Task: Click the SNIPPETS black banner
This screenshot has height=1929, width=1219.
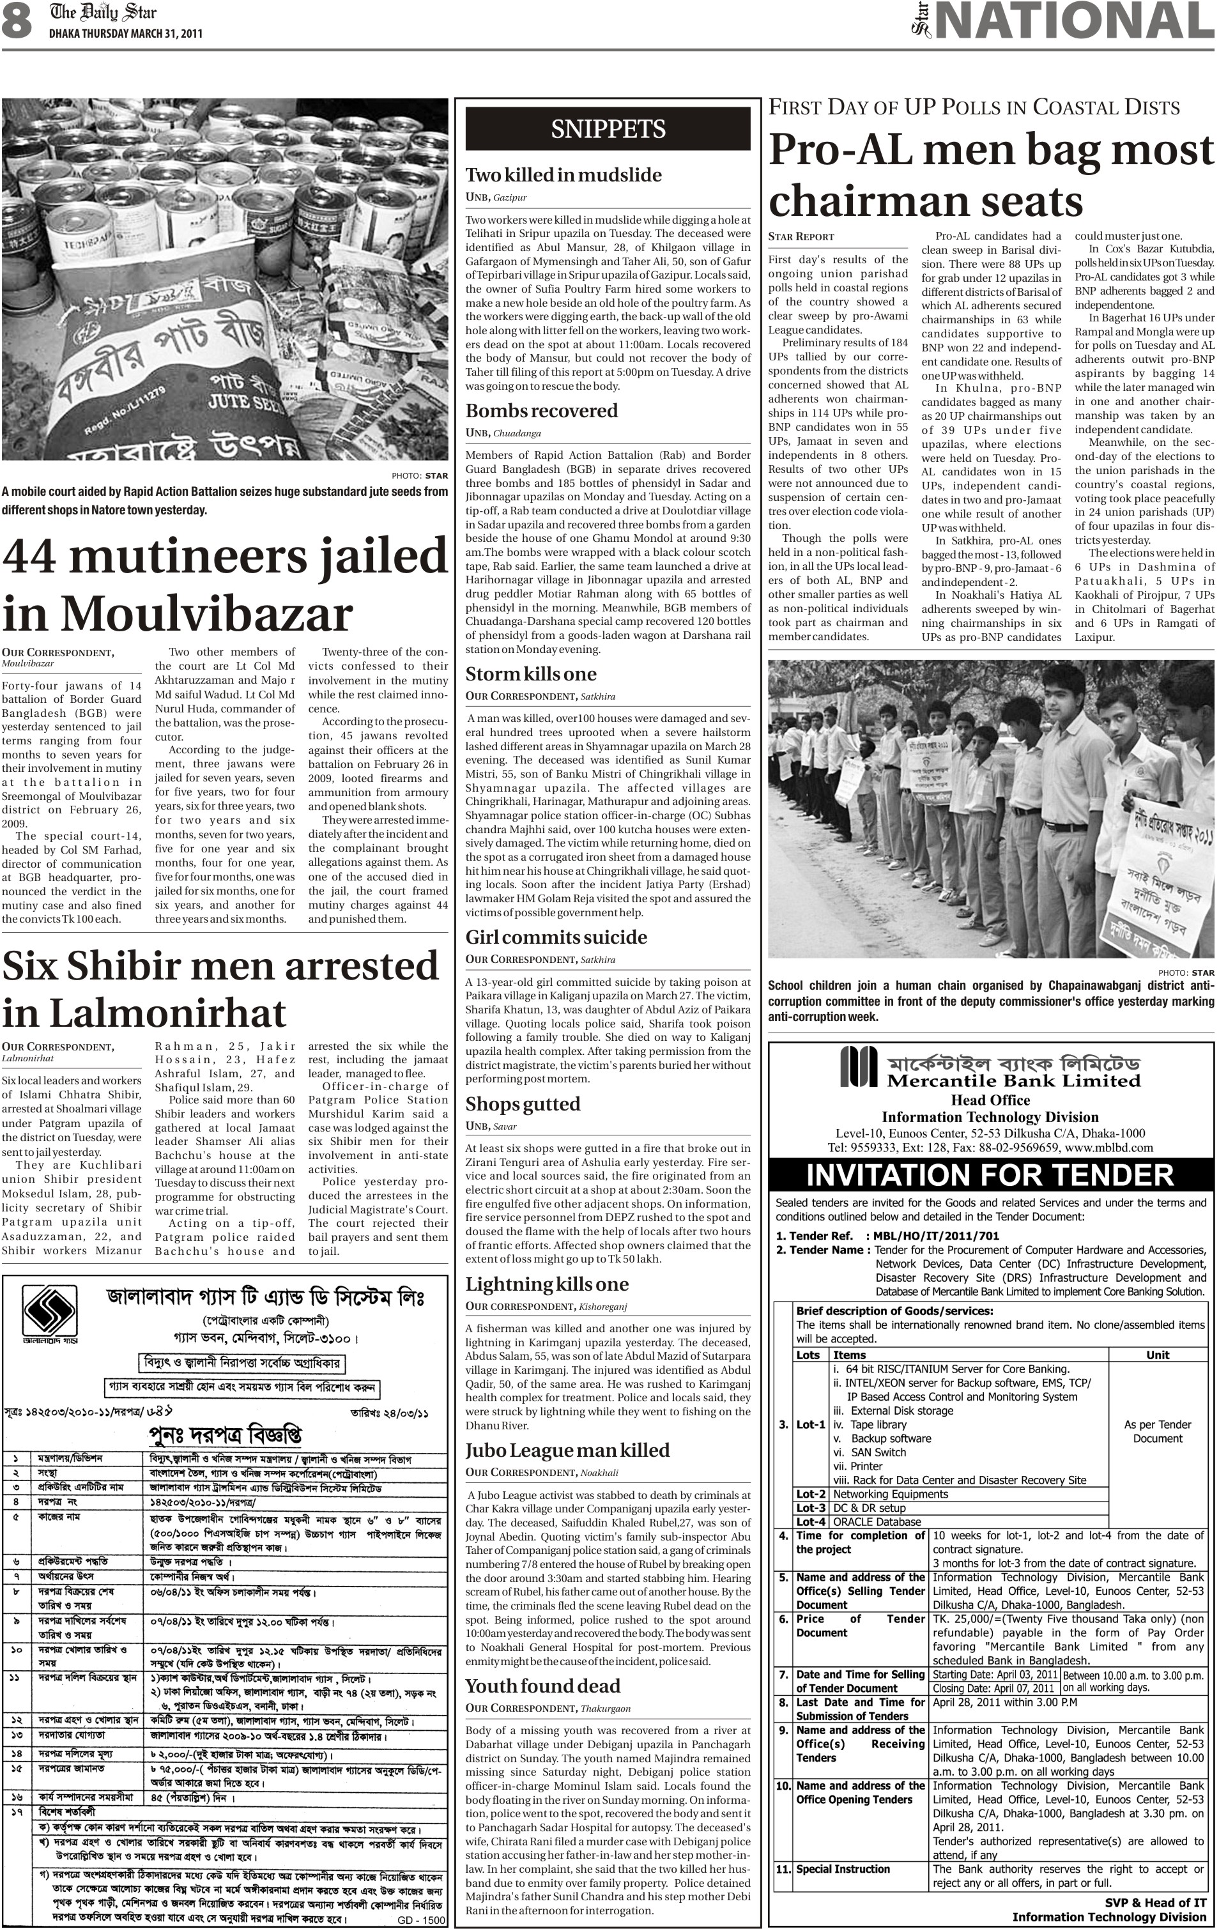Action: pyautogui.click(x=608, y=129)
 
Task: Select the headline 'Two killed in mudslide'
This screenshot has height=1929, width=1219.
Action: pyautogui.click(x=564, y=174)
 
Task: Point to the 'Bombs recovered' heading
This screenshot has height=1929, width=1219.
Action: pyautogui.click(x=542, y=411)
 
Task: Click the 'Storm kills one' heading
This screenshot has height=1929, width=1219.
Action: pyautogui.click(x=531, y=673)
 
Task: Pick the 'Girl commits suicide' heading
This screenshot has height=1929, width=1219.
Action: pyautogui.click(x=556, y=937)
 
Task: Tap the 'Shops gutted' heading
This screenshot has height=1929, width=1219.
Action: pyautogui.click(x=523, y=1104)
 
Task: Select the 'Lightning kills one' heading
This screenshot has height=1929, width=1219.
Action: pyautogui.click(x=547, y=1284)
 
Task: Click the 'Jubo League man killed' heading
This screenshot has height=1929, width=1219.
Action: pyautogui.click(x=567, y=1450)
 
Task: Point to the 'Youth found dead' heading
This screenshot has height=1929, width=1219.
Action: pyautogui.click(x=543, y=1686)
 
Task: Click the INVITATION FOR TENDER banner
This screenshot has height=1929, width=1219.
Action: pyautogui.click(x=991, y=1174)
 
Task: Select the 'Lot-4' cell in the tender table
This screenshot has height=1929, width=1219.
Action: pyautogui.click(x=811, y=1521)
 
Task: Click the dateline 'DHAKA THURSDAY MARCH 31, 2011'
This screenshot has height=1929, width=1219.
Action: pyautogui.click(x=126, y=34)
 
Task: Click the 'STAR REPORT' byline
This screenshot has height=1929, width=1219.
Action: pyautogui.click(x=801, y=236)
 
